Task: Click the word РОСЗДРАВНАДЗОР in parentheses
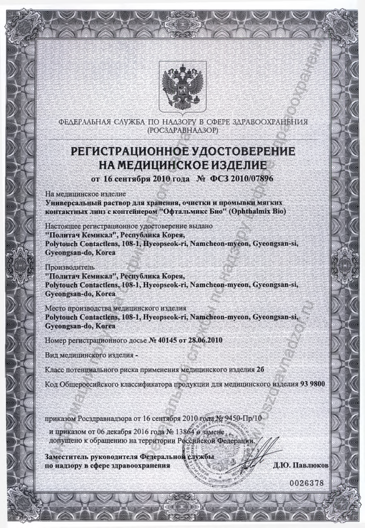pos(182,130)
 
